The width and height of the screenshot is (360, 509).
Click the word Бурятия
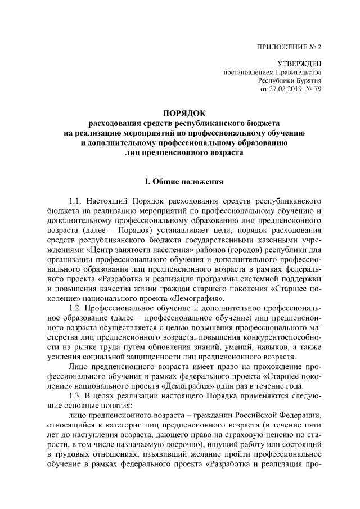306,80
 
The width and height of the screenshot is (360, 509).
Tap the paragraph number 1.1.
76,201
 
